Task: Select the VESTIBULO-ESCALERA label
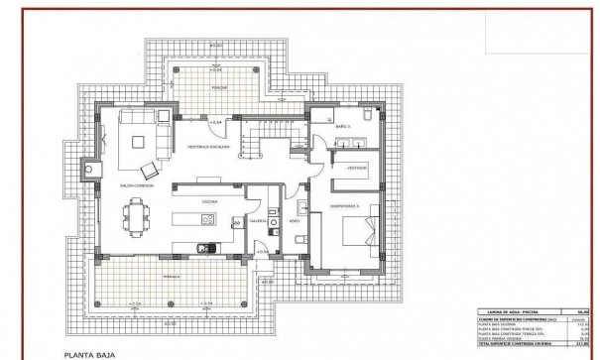click(210, 147)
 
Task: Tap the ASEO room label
click(294, 221)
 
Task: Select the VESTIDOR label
click(356, 168)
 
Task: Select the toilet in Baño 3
click(364, 116)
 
